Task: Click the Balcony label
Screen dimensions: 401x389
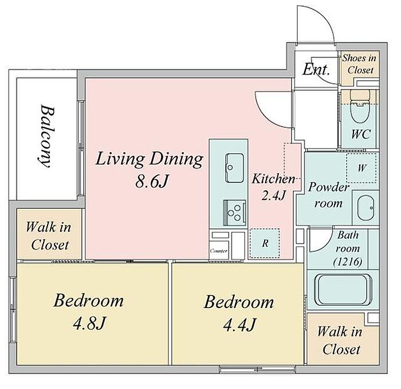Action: pos(48,136)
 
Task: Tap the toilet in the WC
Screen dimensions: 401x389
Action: pos(360,107)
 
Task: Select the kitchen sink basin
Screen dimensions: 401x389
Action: pos(234,168)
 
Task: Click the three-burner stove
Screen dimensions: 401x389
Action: pos(234,213)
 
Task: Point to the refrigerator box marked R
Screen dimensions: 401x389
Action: pos(265,243)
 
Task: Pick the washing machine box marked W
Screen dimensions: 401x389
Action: pos(361,168)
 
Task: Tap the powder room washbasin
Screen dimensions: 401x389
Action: pos(365,208)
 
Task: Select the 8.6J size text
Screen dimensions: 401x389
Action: pos(152,181)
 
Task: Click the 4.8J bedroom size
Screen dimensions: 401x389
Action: pos(89,324)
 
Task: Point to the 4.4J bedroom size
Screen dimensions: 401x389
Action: pos(239,325)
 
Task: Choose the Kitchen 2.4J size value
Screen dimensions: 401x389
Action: pos(273,196)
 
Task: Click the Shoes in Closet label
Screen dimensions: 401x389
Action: pos(359,64)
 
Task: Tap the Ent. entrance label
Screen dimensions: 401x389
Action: pos(316,69)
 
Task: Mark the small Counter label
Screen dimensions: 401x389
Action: pos(218,251)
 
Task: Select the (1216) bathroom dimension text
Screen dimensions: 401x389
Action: pos(348,262)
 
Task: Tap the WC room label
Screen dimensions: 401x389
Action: pos(360,134)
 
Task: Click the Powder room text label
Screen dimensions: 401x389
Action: pos(328,195)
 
